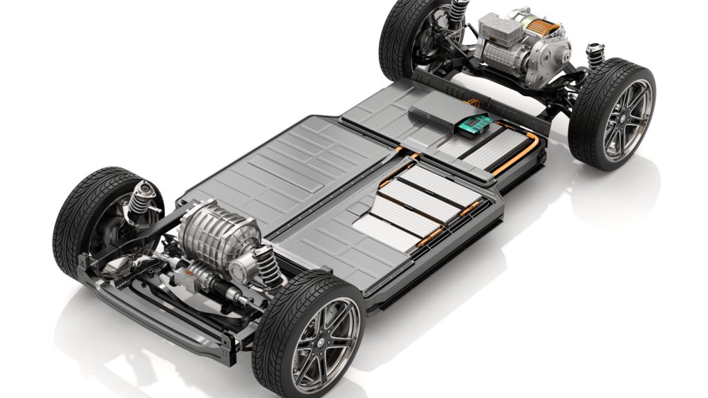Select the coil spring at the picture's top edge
pyautogui.click(x=458, y=10)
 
